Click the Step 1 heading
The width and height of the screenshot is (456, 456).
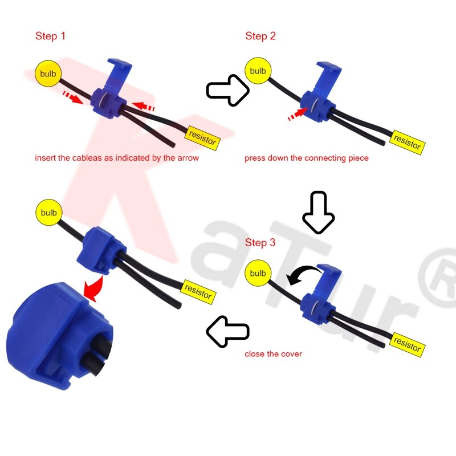pyautogui.click(x=50, y=36)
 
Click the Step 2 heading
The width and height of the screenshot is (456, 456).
pyautogui.click(x=260, y=36)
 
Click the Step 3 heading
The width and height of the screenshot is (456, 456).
pyautogui.click(x=260, y=242)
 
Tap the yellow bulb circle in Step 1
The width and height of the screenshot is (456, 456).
pyautogui.click(x=48, y=74)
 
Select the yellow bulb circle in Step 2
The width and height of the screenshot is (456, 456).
pyautogui.click(x=258, y=71)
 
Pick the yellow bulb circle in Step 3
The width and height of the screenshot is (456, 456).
pyautogui.click(x=258, y=273)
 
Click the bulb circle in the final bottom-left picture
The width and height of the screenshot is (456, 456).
pyautogui.click(x=48, y=213)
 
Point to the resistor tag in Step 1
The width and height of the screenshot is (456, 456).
pyautogui.click(x=202, y=137)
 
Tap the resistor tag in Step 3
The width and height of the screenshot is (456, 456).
pyautogui.click(x=407, y=344)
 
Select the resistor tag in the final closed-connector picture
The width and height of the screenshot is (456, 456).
pyautogui.click(x=198, y=292)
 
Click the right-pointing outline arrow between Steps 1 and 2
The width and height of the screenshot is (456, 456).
pyautogui.click(x=227, y=90)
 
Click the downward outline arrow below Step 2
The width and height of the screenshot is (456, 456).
pyautogui.click(x=318, y=213)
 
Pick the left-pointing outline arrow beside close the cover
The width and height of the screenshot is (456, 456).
pyautogui.click(x=227, y=331)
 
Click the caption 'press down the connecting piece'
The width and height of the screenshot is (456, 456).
pyautogui.click(x=307, y=158)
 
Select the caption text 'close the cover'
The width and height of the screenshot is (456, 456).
pyautogui.click(x=273, y=354)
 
